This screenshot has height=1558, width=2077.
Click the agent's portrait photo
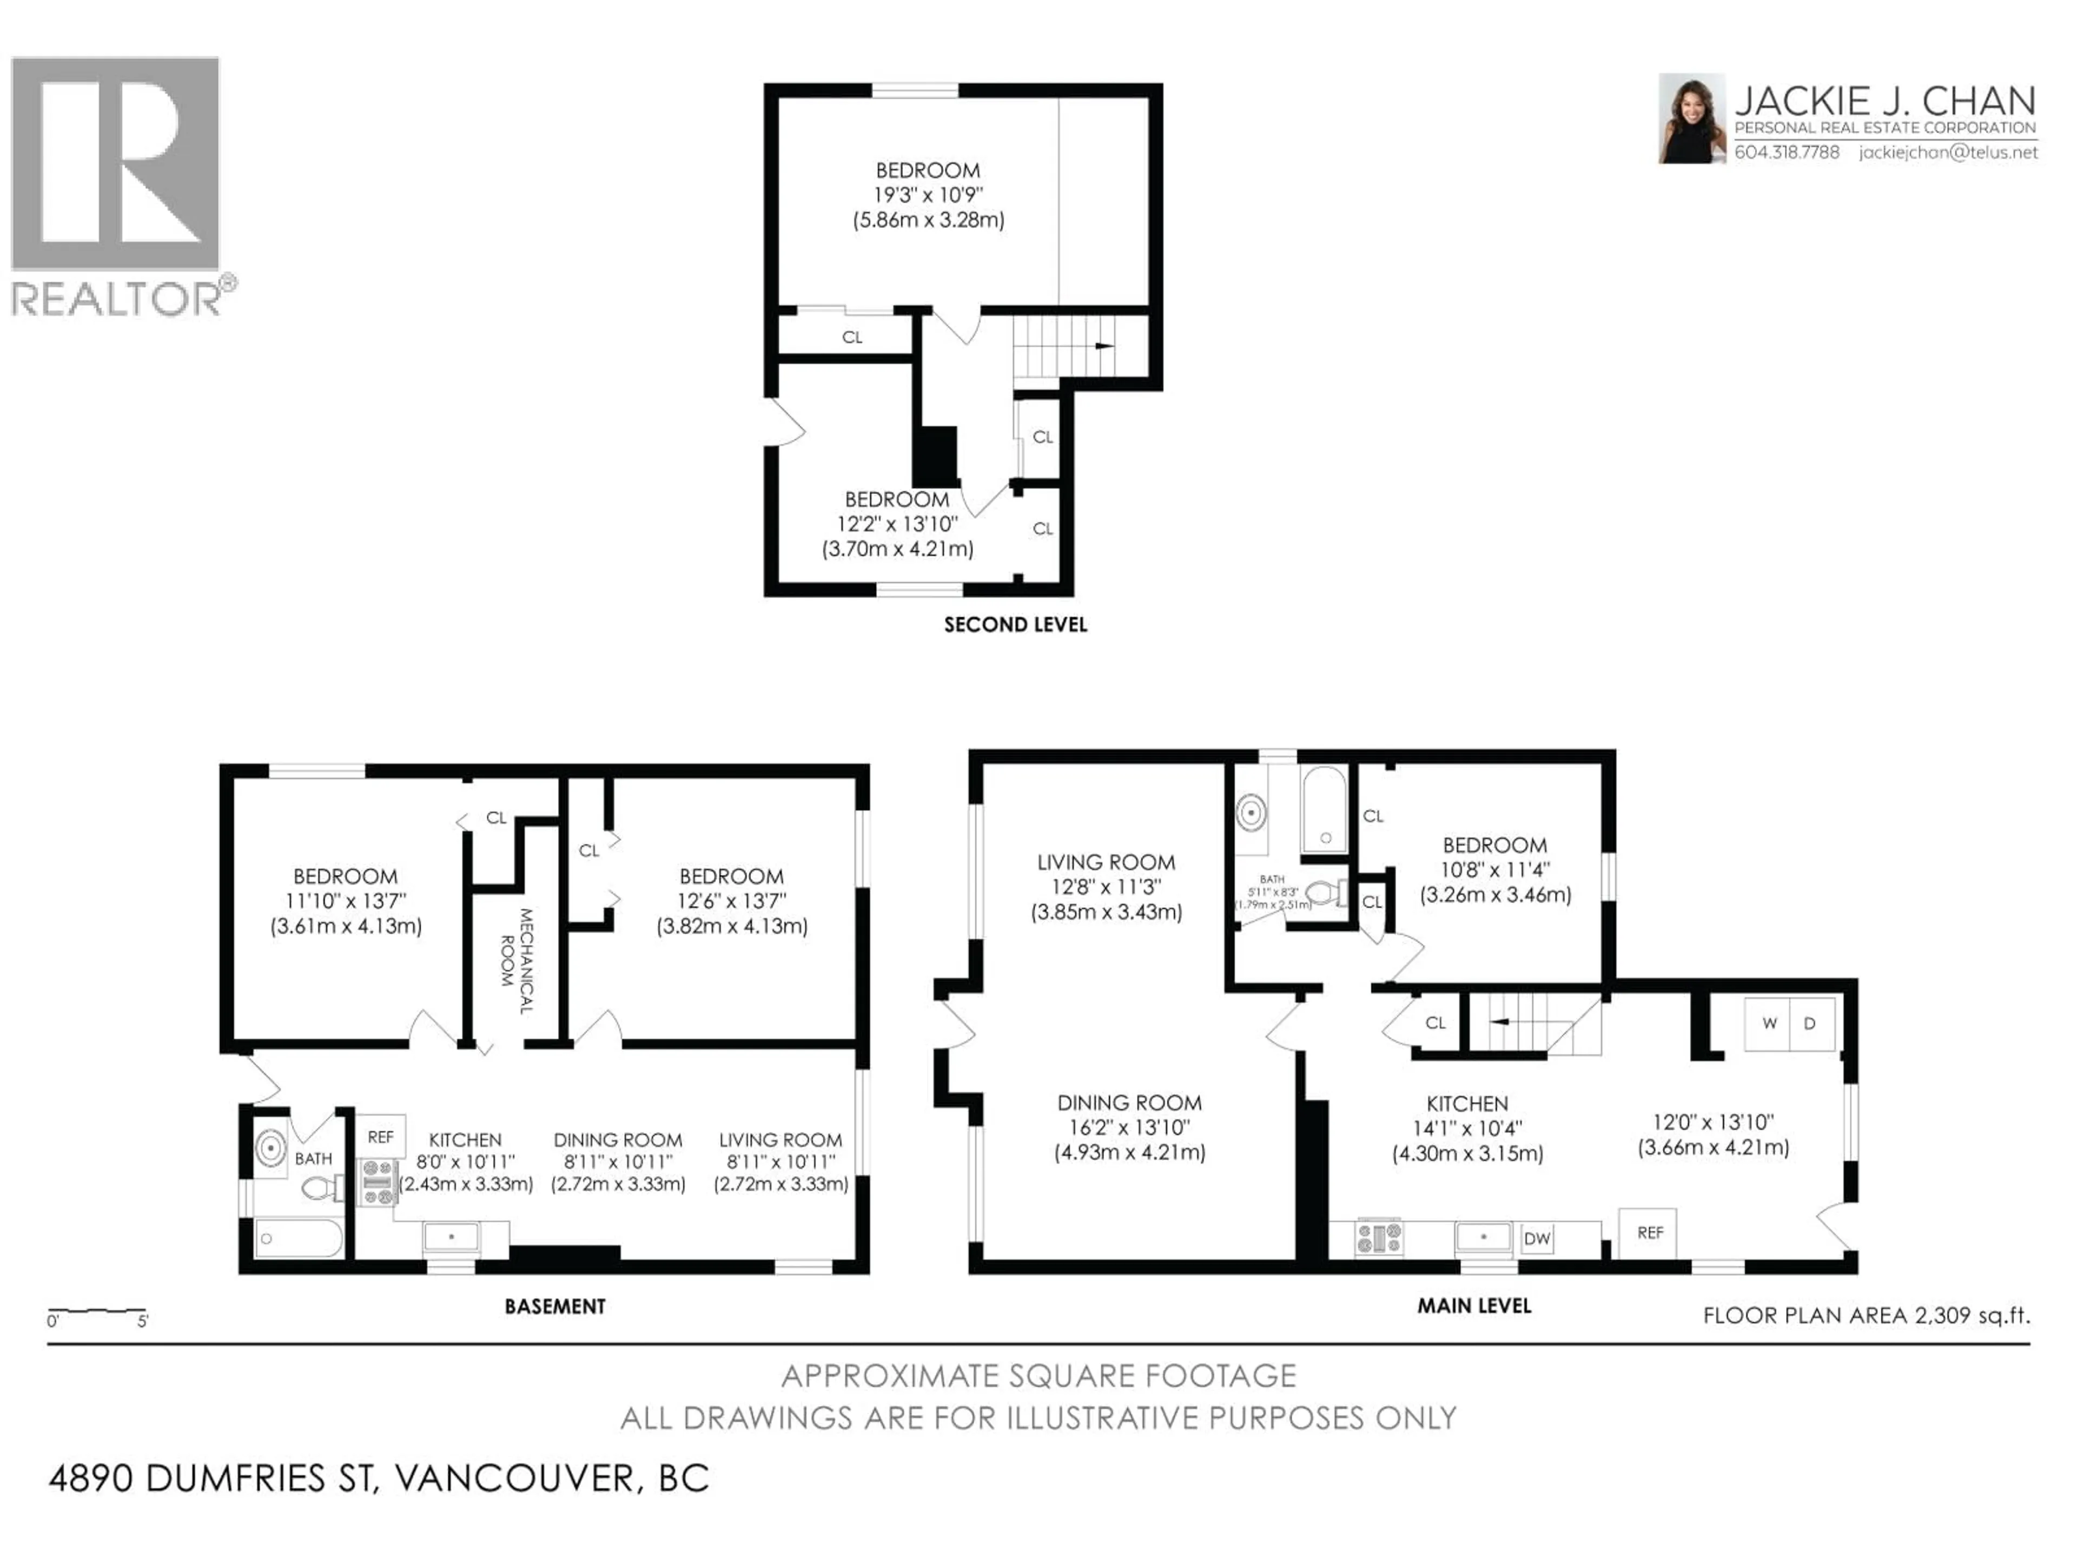(x=1691, y=118)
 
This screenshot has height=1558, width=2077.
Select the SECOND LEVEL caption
(x=1015, y=624)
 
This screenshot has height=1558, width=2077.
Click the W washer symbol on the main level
(x=1769, y=1022)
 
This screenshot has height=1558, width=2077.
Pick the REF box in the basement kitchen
(x=380, y=1137)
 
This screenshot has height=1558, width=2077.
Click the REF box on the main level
(x=1650, y=1232)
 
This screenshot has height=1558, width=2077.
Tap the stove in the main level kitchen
(x=1378, y=1238)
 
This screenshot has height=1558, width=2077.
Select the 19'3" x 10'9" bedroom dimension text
(x=928, y=195)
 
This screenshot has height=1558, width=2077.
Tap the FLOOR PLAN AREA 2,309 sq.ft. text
(x=1866, y=1315)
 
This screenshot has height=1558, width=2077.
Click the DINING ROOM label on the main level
(x=1129, y=1103)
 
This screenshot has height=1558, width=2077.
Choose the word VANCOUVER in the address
(x=514, y=1478)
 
